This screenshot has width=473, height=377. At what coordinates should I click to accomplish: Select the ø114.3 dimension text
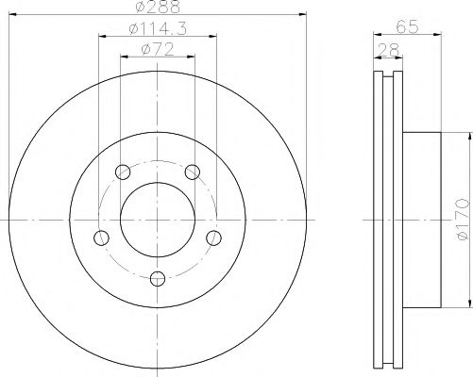[x=157, y=30]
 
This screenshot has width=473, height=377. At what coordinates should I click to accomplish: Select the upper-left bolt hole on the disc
[x=121, y=172]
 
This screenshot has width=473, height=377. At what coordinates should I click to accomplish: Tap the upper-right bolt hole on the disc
[x=193, y=172]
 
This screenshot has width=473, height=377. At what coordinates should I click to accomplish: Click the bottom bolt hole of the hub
[x=157, y=277]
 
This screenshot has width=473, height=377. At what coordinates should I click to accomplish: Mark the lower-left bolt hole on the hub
[x=100, y=237]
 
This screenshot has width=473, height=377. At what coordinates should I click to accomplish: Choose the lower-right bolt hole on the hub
[x=214, y=237]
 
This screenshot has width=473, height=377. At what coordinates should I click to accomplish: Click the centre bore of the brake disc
[x=157, y=220]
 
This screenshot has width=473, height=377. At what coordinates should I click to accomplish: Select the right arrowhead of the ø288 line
[x=303, y=15]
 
